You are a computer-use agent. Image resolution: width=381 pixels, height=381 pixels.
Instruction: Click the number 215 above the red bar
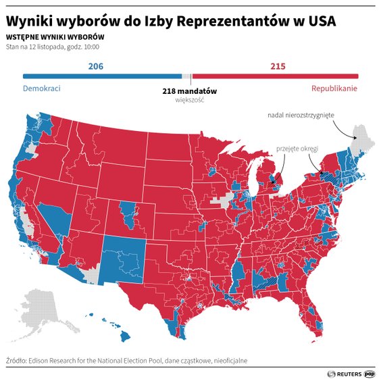point(278,66)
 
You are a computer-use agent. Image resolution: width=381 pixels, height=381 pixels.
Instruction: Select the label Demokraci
point(42,89)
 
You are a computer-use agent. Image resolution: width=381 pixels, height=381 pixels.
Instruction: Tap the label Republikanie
point(334,89)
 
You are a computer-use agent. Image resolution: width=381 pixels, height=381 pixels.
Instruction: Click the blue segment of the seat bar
point(101,77)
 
